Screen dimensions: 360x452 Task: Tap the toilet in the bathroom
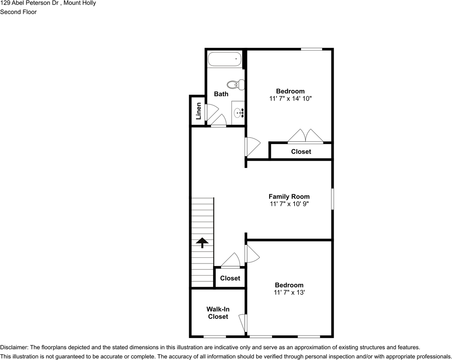click(x=236, y=84)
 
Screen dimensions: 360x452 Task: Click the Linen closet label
click(x=198, y=111)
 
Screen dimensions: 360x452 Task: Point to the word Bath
click(x=221, y=94)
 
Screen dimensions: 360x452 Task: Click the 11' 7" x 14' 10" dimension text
click(x=290, y=98)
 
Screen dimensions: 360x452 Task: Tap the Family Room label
click(x=289, y=197)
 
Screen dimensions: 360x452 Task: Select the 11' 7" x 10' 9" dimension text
click(x=289, y=204)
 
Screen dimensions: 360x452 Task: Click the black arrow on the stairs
click(x=202, y=243)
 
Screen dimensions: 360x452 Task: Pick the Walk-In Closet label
click(x=218, y=313)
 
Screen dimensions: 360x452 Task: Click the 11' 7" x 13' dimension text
click(x=289, y=293)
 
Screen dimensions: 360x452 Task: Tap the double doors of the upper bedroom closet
click(x=306, y=136)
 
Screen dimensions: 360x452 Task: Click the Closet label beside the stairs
click(x=230, y=278)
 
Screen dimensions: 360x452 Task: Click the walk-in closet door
click(x=243, y=323)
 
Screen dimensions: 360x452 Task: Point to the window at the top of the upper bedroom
click(x=312, y=49)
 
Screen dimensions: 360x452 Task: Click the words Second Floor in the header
click(x=18, y=12)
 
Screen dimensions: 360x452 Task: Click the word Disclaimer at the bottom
click(x=14, y=347)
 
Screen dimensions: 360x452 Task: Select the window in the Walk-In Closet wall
click(x=215, y=336)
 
